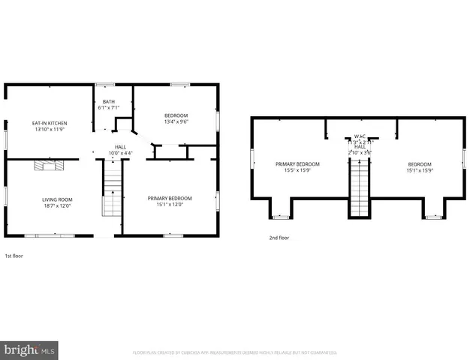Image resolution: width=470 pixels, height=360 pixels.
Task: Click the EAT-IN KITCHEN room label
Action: coord(50,122)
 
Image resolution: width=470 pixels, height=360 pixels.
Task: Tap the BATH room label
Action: coord(109,101)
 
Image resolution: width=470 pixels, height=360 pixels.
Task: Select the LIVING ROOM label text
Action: coord(56,199)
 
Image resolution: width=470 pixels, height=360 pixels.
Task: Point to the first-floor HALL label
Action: coord(120,147)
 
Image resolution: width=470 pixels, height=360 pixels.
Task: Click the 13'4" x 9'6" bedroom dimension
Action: coord(176,121)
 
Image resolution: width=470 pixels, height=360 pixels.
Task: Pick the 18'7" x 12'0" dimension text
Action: coord(56,205)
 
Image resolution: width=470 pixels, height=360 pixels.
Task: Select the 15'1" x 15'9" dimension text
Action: coord(420,170)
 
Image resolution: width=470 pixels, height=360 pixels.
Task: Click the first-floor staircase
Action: coord(112,191)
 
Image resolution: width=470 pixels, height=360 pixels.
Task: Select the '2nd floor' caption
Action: coord(279,238)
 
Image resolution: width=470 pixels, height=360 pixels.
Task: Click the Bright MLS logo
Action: coord(30,349)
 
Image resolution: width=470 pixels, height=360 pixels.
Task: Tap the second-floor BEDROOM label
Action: coord(420,164)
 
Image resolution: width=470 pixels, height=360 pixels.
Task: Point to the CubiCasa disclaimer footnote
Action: coord(234,352)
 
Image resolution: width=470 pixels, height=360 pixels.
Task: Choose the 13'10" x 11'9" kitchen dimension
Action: coord(50,128)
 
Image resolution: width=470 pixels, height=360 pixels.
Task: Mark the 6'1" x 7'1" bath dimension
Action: coord(109,107)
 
